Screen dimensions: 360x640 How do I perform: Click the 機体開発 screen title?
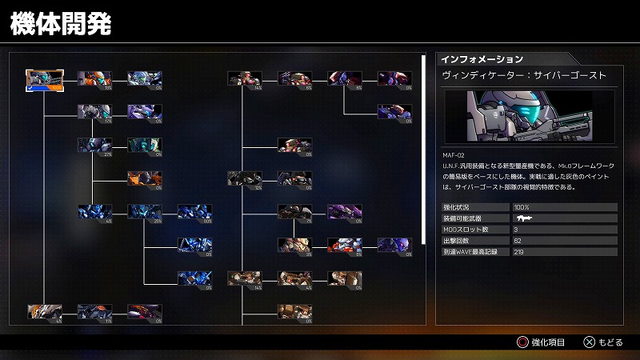tap(61, 23)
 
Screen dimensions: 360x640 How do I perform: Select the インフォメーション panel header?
tap(482, 59)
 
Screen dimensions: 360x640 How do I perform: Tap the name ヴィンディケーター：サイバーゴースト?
tap(524, 75)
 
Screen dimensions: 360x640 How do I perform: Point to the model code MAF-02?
tap(453, 155)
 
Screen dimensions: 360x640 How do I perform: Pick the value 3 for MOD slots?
tap(515, 230)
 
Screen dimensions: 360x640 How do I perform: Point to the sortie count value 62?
tap(517, 241)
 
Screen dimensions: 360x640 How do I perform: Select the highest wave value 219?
tap(518, 252)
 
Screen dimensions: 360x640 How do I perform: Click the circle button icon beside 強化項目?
tap(522, 342)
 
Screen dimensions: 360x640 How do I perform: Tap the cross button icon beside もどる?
tap(589, 342)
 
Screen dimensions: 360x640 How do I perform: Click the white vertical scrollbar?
tap(424, 148)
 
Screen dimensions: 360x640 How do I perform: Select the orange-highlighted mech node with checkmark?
tap(43, 78)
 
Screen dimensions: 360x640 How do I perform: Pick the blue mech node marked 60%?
tap(194, 212)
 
